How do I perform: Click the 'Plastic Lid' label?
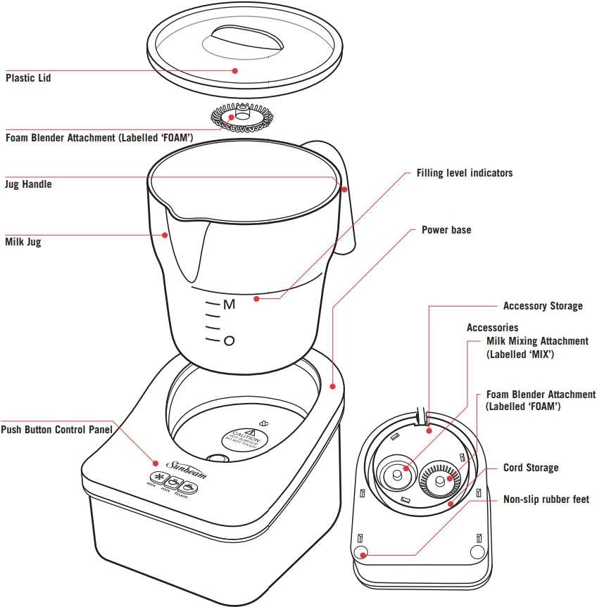(x=28, y=78)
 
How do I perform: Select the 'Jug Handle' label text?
(x=28, y=184)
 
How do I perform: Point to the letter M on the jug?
(x=229, y=305)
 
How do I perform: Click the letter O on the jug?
(x=228, y=341)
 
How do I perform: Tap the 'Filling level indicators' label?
(x=465, y=172)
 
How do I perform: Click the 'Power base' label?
(x=446, y=230)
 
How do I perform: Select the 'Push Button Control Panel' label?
(x=56, y=429)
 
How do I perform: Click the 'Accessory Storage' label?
(x=543, y=306)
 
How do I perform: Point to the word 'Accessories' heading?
(x=492, y=328)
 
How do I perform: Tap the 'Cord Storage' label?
(x=531, y=468)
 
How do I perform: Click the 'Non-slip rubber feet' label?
(x=546, y=499)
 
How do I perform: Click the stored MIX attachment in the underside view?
(x=398, y=474)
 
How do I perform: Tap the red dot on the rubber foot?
(x=363, y=555)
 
